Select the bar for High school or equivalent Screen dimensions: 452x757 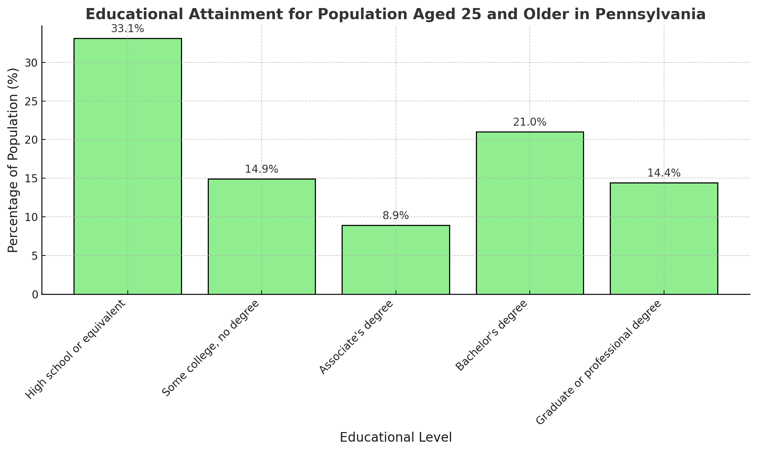[x=127, y=166]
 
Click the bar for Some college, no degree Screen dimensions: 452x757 [x=262, y=236]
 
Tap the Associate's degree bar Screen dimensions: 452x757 [x=396, y=260]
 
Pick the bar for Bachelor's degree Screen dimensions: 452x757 [x=530, y=213]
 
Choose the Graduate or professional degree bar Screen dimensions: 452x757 [x=664, y=238]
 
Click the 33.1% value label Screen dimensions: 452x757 [x=127, y=29]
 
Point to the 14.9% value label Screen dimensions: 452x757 [x=262, y=169]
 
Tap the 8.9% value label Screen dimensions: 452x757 [x=396, y=216]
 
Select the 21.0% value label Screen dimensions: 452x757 [x=530, y=123]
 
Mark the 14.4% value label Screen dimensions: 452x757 [x=664, y=174]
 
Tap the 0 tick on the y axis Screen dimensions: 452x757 [x=35, y=294]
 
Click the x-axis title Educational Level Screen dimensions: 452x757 [x=396, y=437]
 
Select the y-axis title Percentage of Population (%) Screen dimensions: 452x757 [x=13, y=160]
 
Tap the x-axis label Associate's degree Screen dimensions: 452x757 [x=356, y=337]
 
